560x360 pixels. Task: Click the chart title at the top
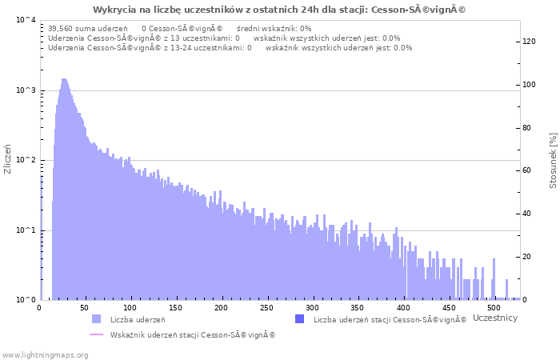tap(279, 10)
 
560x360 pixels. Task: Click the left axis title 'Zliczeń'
tap(8, 159)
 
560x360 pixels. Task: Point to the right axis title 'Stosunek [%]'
tap(553, 161)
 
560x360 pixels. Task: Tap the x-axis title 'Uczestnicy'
tap(495, 318)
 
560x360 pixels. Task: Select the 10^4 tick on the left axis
tap(26, 20)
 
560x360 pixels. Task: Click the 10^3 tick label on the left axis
tap(26, 90)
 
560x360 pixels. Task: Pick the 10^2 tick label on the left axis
tap(26, 160)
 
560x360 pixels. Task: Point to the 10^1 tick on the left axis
tap(26, 230)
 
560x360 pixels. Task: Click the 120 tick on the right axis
tap(529, 42)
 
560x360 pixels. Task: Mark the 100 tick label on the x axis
tap(130, 307)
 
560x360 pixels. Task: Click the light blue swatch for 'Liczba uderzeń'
tap(96, 319)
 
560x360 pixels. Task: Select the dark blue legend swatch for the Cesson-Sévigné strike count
tap(299, 319)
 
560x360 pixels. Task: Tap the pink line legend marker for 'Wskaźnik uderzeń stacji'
tap(96, 334)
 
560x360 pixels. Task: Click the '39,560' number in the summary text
tap(61, 28)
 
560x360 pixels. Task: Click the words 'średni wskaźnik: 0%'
tap(274, 28)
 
